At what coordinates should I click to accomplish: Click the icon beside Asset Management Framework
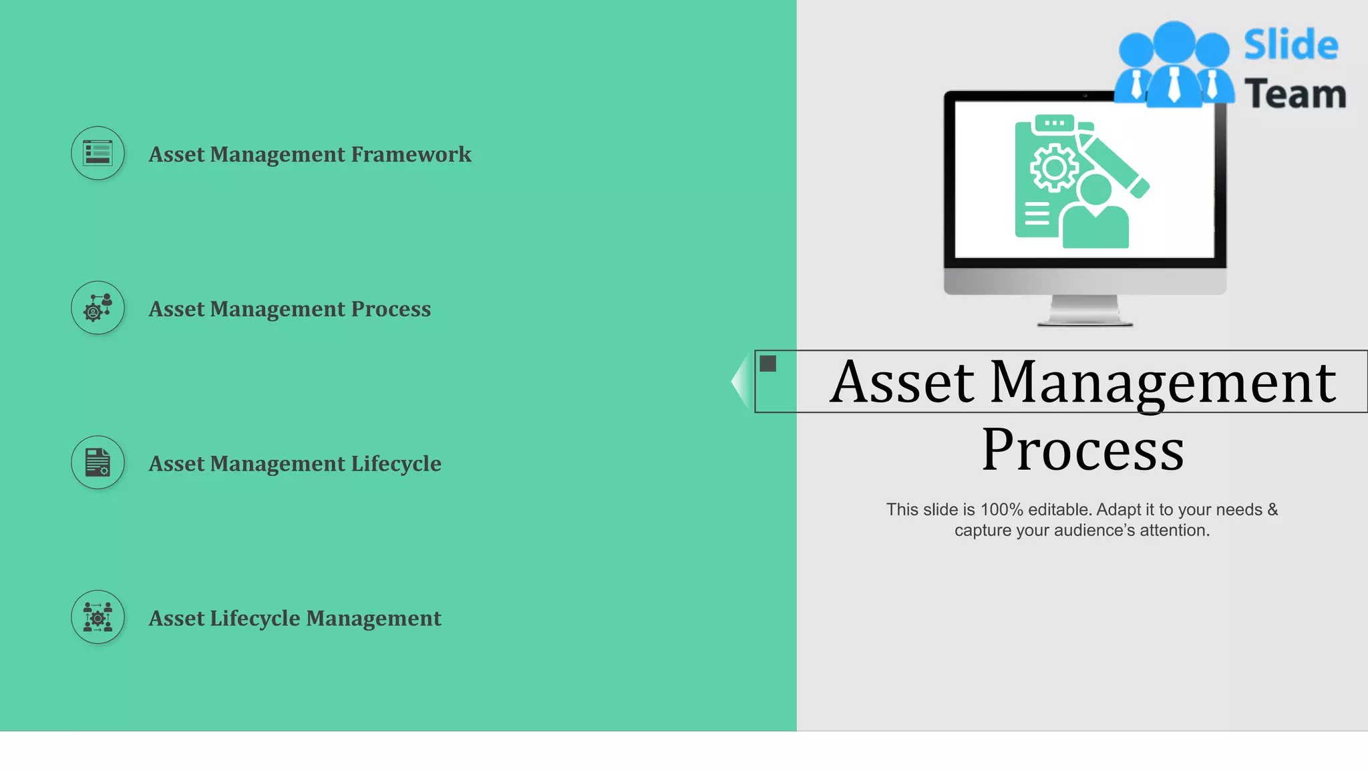coord(98,153)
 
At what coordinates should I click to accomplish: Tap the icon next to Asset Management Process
coord(98,308)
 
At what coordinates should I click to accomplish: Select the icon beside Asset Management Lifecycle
coord(98,463)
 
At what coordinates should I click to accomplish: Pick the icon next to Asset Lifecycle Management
coord(98,617)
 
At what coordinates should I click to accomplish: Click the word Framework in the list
coord(411,154)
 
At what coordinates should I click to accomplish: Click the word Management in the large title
coord(1163,382)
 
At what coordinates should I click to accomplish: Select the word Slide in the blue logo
coord(1291,45)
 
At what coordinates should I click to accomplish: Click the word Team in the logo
coord(1295,94)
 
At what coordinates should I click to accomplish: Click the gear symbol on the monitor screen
coord(1054,167)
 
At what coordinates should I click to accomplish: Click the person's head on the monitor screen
coord(1095,189)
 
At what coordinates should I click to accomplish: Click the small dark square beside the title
coord(768,364)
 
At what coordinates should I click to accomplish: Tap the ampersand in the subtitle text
coord(1272,509)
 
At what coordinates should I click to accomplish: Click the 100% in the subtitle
coord(1001,509)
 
